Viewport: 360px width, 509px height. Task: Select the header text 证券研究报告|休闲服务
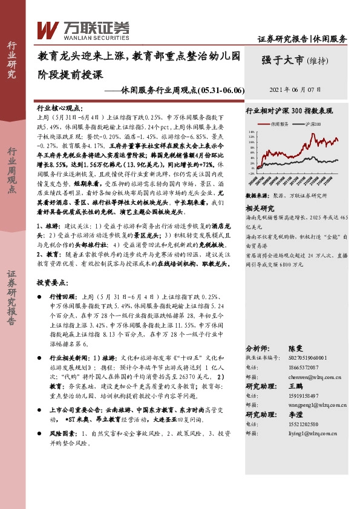302,39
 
